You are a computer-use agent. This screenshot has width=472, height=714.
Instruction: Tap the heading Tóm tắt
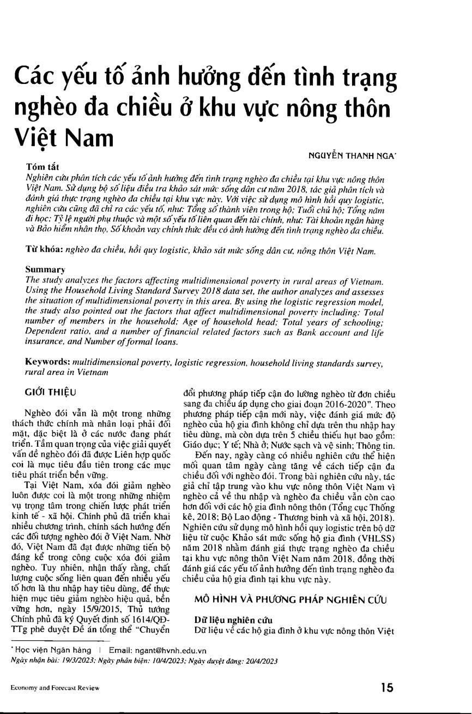click(x=43, y=166)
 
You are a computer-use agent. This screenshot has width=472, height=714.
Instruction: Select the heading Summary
click(x=45, y=269)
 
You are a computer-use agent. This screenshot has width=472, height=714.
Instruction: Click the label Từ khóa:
click(x=45, y=250)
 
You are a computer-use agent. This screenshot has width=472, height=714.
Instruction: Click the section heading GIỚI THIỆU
click(x=51, y=392)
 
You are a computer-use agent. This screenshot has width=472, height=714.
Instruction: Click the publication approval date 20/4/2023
click(x=261, y=661)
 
